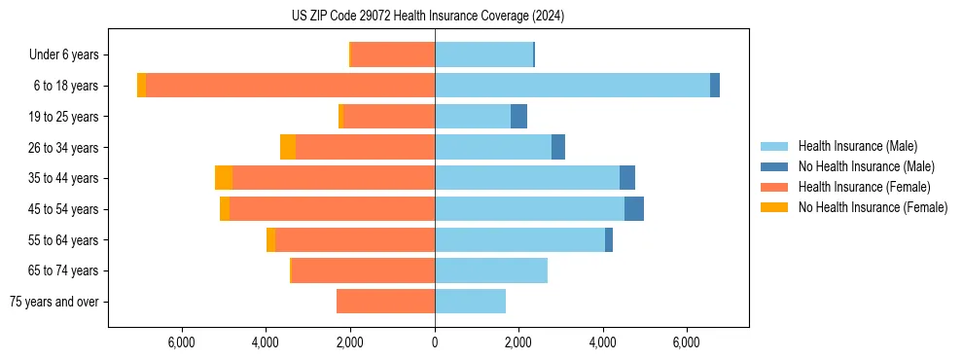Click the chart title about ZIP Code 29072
428,17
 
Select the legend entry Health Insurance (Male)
857,147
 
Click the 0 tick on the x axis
435,342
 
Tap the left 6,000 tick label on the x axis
183,342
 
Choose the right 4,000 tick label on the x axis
602,342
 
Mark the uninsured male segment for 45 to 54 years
634,209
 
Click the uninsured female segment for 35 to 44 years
224,178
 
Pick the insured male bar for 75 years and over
470,302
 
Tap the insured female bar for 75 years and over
385,302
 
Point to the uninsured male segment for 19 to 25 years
518,117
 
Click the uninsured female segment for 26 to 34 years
288,147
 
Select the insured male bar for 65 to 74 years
491,270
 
